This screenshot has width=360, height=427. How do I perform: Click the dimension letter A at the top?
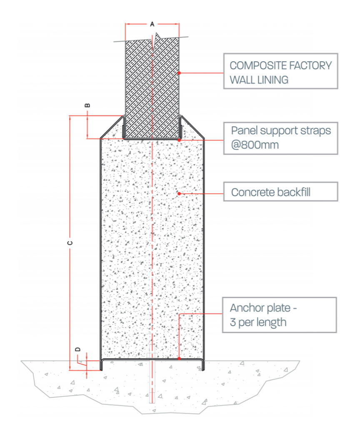pyautogui.click(x=152, y=24)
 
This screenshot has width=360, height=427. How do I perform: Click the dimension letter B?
pyautogui.click(x=87, y=105)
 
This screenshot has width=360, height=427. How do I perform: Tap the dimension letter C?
pyautogui.click(x=70, y=243)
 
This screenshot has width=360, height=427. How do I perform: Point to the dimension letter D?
pyautogui.click(x=78, y=349)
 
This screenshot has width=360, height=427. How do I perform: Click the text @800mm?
pyautogui.click(x=255, y=145)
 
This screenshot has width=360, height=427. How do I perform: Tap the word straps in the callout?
pyautogui.click(x=315, y=131)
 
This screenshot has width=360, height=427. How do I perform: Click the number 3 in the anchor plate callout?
pyautogui.click(x=232, y=322)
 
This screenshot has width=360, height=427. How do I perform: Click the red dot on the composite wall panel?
pyautogui.click(x=179, y=73)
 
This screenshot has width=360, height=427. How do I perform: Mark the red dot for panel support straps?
pyautogui.click(x=179, y=140)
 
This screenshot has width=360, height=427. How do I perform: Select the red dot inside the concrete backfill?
pyautogui.click(x=179, y=193)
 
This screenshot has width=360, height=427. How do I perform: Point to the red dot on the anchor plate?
pyautogui.click(x=179, y=358)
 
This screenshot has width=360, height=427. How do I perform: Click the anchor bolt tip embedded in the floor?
pyautogui.click(x=152, y=402)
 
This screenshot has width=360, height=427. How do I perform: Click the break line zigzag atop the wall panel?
pyautogui.click(x=155, y=41)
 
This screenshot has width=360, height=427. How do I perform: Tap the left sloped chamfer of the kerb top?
pyautogui.click(x=112, y=127)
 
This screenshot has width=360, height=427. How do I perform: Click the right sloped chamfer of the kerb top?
pyautogui.click(x=192, y=127)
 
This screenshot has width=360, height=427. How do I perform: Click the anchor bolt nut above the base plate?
pyautogui.click(x=152, y=355)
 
